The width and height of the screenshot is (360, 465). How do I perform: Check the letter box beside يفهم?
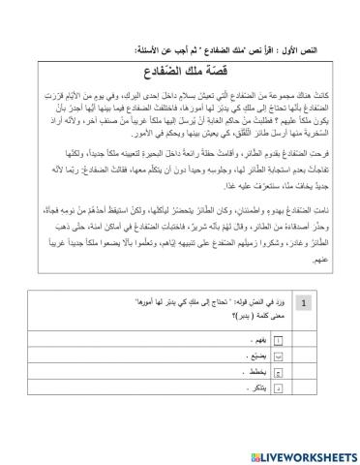(x=280, y=367)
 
